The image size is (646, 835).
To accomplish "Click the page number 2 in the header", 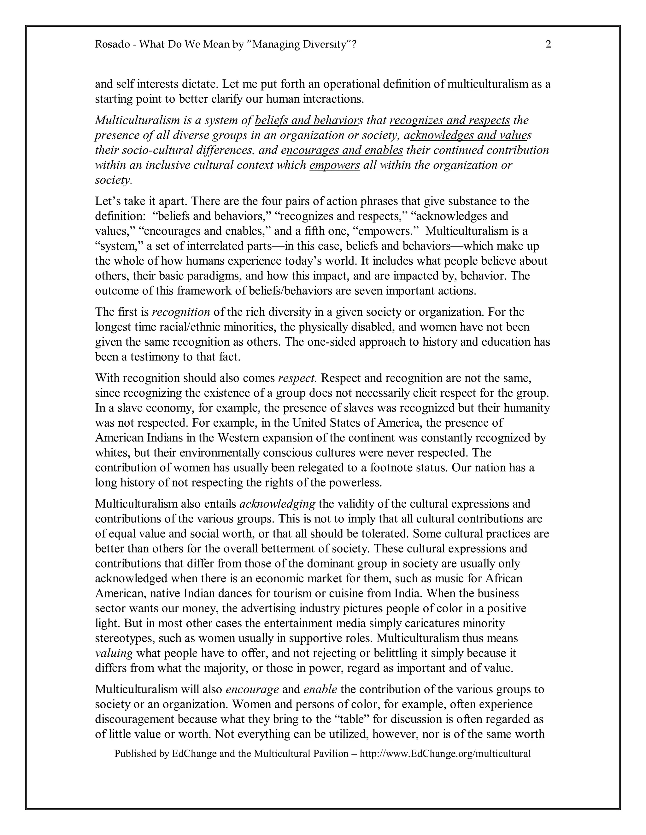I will click(548, 45).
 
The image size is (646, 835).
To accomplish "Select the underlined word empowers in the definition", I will click(334, 165).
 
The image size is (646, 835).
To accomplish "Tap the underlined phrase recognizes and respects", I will click(450, 120).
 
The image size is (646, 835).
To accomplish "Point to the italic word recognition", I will click(181, 312).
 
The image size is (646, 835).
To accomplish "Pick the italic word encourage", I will click(252, 689).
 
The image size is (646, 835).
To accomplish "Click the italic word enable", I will click(320, 689).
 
